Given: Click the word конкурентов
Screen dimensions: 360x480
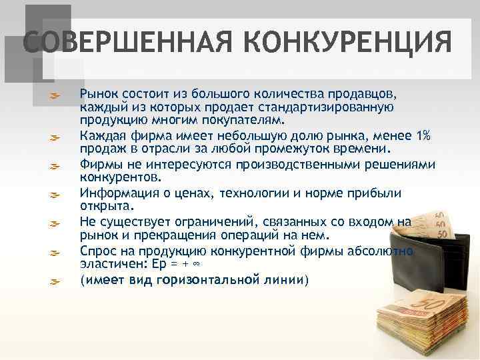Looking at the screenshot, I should (x=120, y=178).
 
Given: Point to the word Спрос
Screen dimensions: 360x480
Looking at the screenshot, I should (x=97, y=251).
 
